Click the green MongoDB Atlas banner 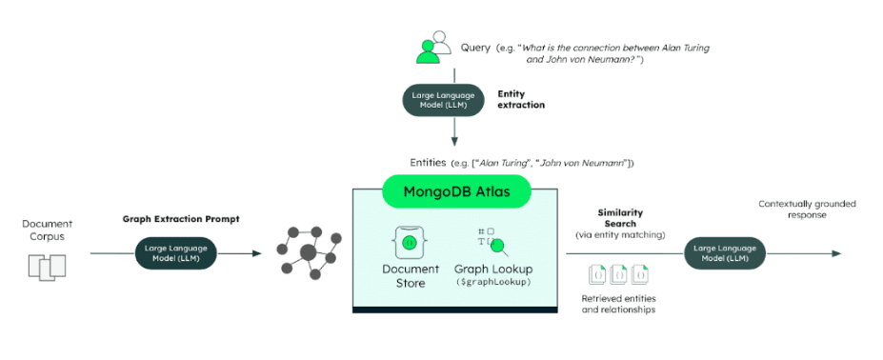click(456, 191)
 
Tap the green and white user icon click(433, 47)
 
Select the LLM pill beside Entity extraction click(443, 100)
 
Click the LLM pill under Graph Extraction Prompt click(176, 253)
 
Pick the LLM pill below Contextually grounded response click(725, 253)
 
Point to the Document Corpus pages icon click(48, 267)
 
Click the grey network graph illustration click(308, 253)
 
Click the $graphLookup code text click(493, 282)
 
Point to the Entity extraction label click(521, 99)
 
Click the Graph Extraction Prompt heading click(181, 219)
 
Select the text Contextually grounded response click(807, 209)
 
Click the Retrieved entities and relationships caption click(618, 304)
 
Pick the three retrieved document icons click(618, 274)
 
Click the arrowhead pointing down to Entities click(454, 141)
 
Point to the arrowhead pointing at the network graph click(256, 253)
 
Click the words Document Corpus click(48, 230)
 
